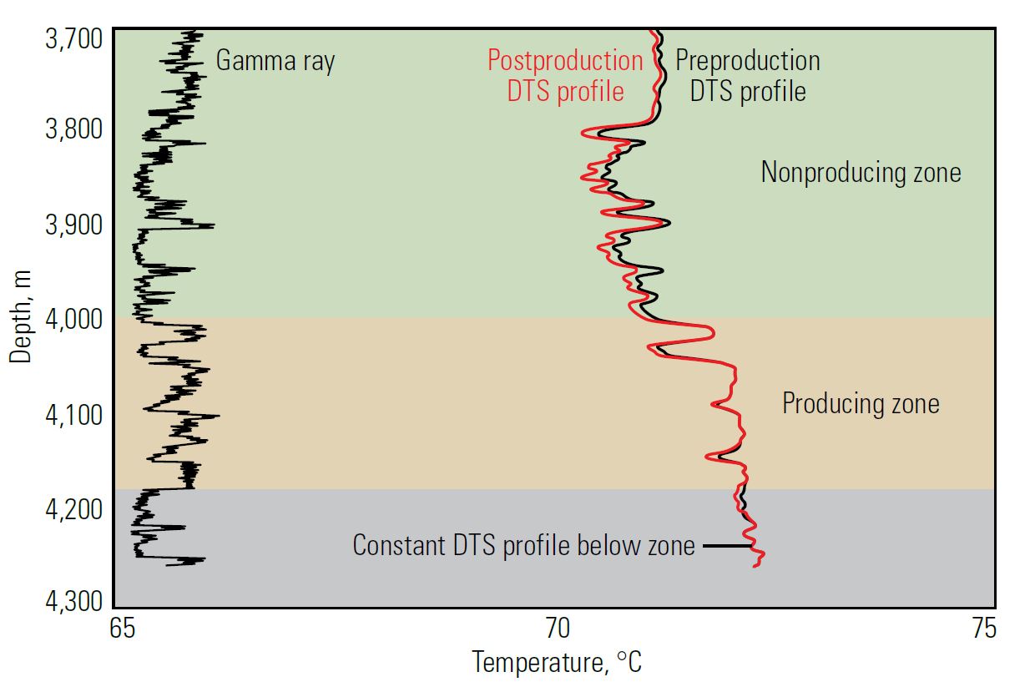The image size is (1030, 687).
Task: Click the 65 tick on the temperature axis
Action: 122,628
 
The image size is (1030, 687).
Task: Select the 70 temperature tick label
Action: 557,628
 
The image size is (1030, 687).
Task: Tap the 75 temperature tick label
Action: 985,628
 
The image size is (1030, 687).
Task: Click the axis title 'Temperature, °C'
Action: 557,663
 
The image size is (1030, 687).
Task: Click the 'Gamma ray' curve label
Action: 275,61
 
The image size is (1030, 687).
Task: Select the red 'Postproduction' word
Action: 565,61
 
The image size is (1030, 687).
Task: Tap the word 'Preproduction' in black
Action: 747,61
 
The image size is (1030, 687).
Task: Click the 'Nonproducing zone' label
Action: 861,173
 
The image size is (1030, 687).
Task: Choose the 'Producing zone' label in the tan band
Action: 861,404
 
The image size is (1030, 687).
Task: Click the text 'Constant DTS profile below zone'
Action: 523,546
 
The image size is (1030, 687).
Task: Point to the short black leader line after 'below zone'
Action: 722,546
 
